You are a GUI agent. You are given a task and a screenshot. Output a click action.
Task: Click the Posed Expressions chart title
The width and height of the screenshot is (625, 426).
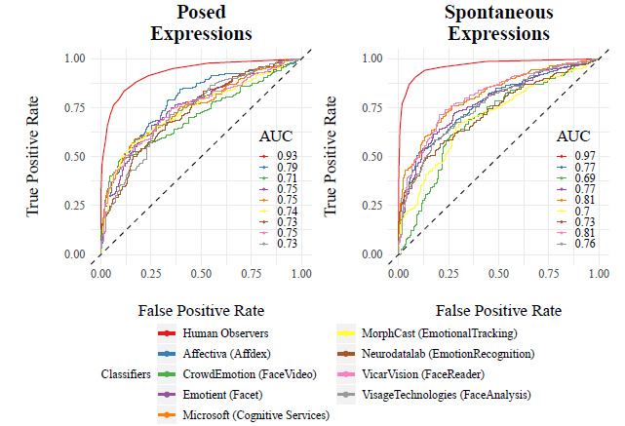click(x=201, y=23)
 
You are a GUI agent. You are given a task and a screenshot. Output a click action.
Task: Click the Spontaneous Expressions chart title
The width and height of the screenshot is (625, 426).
click(x=497, y=23)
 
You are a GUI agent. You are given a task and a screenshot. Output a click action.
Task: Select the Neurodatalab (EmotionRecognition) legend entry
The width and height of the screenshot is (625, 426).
click(x=448, y=354)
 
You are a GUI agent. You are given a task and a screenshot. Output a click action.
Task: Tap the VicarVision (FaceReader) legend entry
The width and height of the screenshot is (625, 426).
click(x=422, y=374)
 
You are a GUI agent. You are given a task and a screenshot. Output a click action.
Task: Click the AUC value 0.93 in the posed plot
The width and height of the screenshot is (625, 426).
click(x=287, y=156)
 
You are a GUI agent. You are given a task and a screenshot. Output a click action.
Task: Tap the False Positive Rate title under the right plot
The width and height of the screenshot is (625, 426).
click(x=497, y=311)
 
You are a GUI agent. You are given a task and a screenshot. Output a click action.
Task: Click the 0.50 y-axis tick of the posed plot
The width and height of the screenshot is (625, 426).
click(x=74, y=157)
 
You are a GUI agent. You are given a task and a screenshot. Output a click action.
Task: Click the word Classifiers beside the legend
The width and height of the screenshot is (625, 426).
click(x=126, y=374)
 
